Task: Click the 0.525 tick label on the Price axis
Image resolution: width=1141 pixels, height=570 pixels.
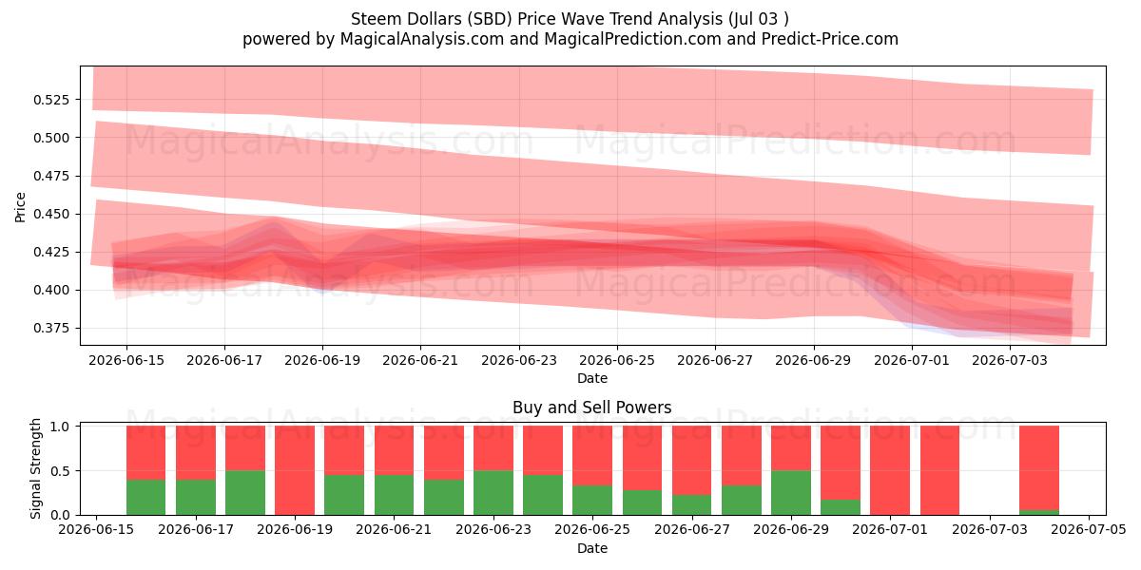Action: click(51, 99)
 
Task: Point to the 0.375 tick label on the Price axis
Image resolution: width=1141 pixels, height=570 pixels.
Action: click(51, 329)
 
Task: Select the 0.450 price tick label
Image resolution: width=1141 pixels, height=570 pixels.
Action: click(51, 214)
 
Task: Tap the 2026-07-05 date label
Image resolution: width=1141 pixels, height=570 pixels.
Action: click(1089, 530)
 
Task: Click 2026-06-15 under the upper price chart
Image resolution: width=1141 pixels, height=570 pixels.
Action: click(126, 361)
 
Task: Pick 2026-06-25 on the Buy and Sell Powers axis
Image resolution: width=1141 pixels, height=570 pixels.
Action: click(592, 530)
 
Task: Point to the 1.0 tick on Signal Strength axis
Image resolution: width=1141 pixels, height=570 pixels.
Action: click(60, 427)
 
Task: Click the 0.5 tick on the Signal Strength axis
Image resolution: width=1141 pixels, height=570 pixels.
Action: click(60, 471)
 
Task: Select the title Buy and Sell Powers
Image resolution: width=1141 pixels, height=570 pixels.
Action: click(591, 408)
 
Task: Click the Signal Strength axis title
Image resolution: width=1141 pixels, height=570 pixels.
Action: click(35, 468)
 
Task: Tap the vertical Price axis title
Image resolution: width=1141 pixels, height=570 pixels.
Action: click(20, 207)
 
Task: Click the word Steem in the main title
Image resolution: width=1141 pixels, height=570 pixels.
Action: click(373, 19)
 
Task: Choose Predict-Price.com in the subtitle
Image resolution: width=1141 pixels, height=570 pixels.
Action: click(830, 39)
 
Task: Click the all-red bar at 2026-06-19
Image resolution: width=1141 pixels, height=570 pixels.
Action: click(295, 470)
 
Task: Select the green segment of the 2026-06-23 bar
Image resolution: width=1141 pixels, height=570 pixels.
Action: click(493, 493)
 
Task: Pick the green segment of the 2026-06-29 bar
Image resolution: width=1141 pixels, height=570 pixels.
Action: click(791, 493)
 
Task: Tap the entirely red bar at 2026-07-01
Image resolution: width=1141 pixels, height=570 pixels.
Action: click(890, 470)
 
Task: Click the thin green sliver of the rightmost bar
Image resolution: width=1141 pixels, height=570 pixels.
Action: click(1039, 512)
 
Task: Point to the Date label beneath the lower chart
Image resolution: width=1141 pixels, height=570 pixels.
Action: click(591, 549)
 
